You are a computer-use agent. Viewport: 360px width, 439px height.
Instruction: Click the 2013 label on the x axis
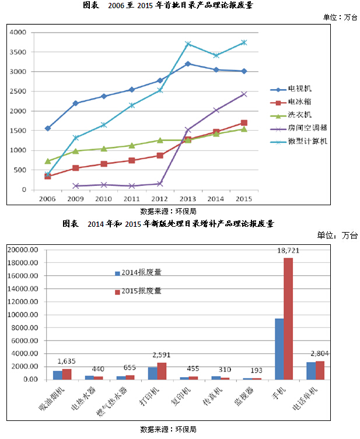[188, 198]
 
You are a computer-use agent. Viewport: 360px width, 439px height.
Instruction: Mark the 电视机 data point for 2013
[188, 64]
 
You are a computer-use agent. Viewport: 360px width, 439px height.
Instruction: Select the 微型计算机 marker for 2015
[244, 43]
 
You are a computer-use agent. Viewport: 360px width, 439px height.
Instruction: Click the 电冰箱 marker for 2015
[244, 123]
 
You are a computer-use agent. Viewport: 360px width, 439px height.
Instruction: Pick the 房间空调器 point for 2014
[216, 110]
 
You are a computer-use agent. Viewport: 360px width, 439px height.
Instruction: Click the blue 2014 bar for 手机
[279, 349]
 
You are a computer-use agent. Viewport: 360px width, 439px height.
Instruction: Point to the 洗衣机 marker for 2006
[48, 161]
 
